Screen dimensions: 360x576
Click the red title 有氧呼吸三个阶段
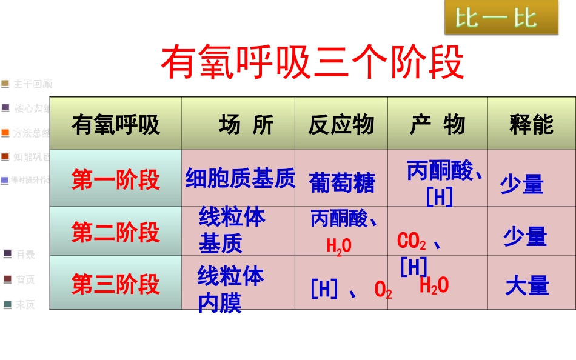(312, 62)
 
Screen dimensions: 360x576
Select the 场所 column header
(246, 125)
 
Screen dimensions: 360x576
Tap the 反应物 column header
(341, 125)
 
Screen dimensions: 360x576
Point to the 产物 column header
(437, 125)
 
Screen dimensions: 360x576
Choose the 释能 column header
(531, 125)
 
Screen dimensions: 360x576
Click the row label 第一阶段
(115, 180)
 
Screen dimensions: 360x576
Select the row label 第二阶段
(115, 232)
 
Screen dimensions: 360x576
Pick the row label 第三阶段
(115, 284)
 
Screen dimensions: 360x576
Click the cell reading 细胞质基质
(240, 179)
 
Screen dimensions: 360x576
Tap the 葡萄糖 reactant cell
(342, 183)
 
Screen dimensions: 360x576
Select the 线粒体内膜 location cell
(230, 290)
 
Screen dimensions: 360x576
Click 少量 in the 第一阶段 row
(521, 184)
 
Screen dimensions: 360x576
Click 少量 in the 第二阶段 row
(525, 237)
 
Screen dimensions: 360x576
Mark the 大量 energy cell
(527, 286)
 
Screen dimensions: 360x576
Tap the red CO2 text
(412, 241)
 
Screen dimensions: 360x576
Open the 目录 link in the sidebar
(25, 255)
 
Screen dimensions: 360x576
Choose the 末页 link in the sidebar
(25, 305)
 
